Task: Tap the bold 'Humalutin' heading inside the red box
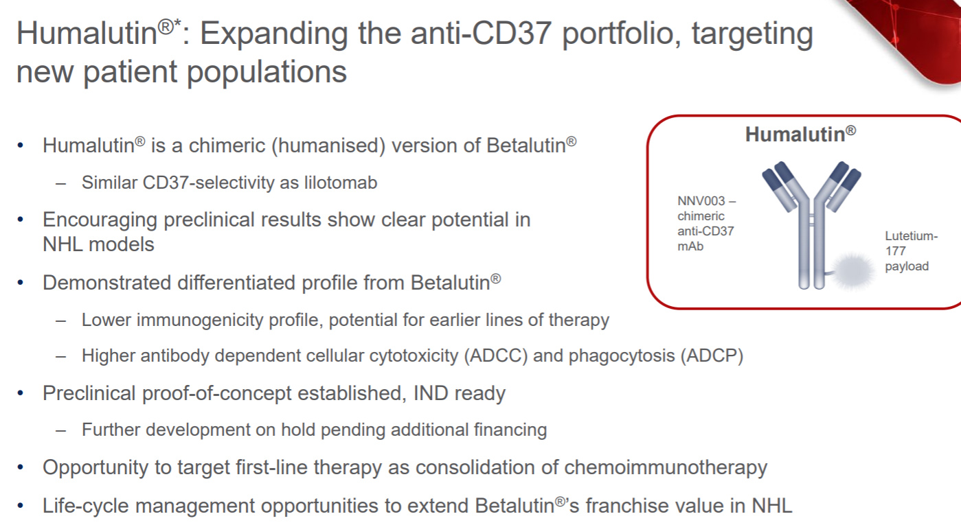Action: pyautogui.click(x=800, y=134)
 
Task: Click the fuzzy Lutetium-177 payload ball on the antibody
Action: pyautogui.click(x=854, y=272)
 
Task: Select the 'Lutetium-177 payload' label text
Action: pyautogui.click(x=912, y=250)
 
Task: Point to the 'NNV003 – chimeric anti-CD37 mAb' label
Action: pyautogui.click(x=707, y=223)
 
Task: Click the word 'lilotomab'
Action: pyautogui.click(x=341, y=183)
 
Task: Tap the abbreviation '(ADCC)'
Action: pyautogui.click(x=495, y=355)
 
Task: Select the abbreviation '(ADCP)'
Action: pyautogui.click(x=712, y=355)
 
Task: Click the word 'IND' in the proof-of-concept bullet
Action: pyautogui.click(x=431, y=393)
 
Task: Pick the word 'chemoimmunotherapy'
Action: pyautogui.click(x=666, y=467)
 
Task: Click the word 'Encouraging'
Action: pyautogui.click(x=100, y=220)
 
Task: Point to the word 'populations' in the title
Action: pyautogui.click(x=267, y=71)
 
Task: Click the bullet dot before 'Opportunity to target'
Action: pyautogui.click(x=20, y=467)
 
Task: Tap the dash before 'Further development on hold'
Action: pyautogui.click(x=61, y=430)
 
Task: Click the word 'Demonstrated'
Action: pyautogui.click(x=107, y=283)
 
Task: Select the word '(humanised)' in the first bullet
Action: pyautogui.click(x=328, y=145)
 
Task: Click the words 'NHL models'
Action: pyautogui.click(x=98, y=245)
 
